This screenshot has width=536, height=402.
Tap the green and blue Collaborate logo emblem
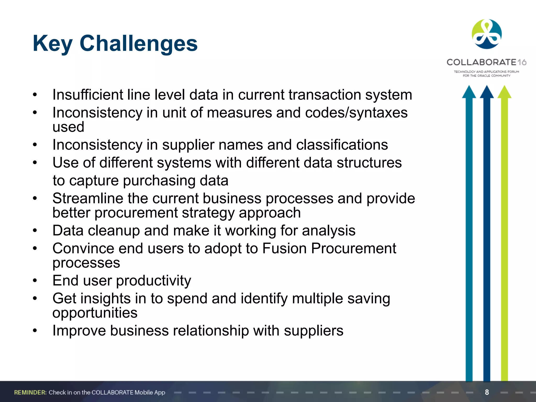pyautogui.click(x=487, y=34)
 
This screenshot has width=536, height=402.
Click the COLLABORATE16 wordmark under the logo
pyautogui.click(x=486, y=62)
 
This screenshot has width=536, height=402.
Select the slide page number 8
pyautogui.click(x=487, y=392)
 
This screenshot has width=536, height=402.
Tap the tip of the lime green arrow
pyautogui.click(x=504, y=89)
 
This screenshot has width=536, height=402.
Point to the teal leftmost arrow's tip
pyautogui.click(x=469, y=89)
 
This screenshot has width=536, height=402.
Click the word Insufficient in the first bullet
pyautogui.click(x=87, y=95)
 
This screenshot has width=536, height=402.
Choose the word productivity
pyautogui.click(x=153, y=281)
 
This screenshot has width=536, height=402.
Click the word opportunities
pyautogui.click(x=95, y=313)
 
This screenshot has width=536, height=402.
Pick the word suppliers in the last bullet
pyautogui.click(x=313, y=331)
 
